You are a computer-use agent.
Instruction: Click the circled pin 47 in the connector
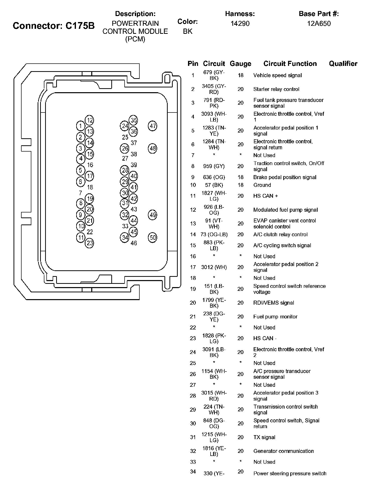coord(153,126)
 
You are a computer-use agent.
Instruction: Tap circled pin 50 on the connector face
coord(153,237)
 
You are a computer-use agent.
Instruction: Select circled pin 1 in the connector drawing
coord(80,126)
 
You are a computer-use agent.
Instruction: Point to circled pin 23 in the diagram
coord(89,243)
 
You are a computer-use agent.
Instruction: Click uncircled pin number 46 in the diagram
coord(134,243)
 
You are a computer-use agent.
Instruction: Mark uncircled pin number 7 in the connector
coord(80,193)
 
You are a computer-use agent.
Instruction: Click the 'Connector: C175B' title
coord(54,26)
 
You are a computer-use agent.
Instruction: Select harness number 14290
coord(240,24)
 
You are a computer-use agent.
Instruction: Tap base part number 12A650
coord(319,24)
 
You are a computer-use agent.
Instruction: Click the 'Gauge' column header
coord(240,64)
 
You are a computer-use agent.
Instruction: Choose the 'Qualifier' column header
coord(343,64)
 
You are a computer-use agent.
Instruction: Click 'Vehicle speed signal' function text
coord(278,75)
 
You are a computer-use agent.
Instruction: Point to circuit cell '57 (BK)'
coord(214,185)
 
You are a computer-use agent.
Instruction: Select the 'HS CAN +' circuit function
coord(265,196)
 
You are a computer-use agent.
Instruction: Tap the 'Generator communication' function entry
coord(284,451)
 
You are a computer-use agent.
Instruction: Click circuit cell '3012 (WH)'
coord(214,267)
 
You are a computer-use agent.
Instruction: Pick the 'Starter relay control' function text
coord(276,89)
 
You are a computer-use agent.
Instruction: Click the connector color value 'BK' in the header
coord(188,31)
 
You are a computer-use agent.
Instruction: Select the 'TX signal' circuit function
coord(264,437)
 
